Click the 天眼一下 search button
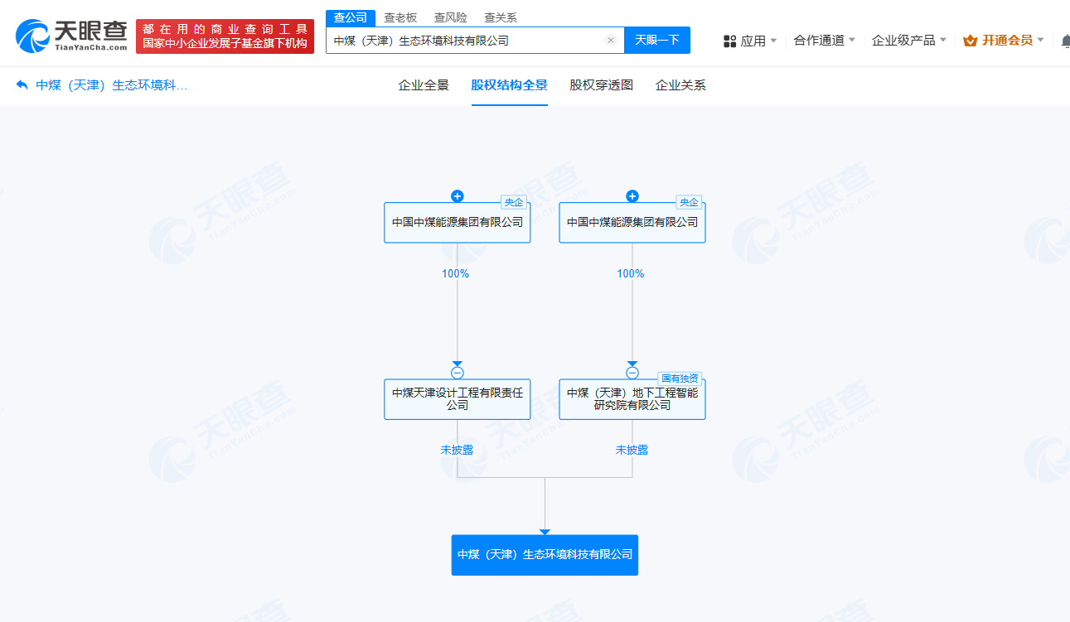(x=656, y=40)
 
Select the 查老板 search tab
(x=400, y=17)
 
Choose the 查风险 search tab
(x=450, y=17)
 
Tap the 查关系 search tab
(x=500, y=17)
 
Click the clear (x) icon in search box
(x=611, y=40)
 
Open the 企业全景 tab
(x=424, y=85)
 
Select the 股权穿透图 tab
(x=601, y=85)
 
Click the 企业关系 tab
(x=680, y=85)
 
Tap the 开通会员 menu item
(x=1003, y=41)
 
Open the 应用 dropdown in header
(x=749, y=41)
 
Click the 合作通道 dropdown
(x=824, y=41)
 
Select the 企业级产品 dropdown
(x=908, y=41)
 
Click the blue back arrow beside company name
(x=22, y=85)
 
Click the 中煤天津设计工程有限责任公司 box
(x=458, y=399)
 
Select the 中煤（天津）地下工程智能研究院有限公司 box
(x=632, y=399)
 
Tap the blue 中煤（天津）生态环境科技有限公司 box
(x=545, y=555)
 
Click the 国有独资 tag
(x=680, y=379)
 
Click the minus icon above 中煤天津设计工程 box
(x=458, y=373)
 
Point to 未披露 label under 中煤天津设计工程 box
(x=457, y=450)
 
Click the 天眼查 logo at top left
(x=71, y=36)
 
